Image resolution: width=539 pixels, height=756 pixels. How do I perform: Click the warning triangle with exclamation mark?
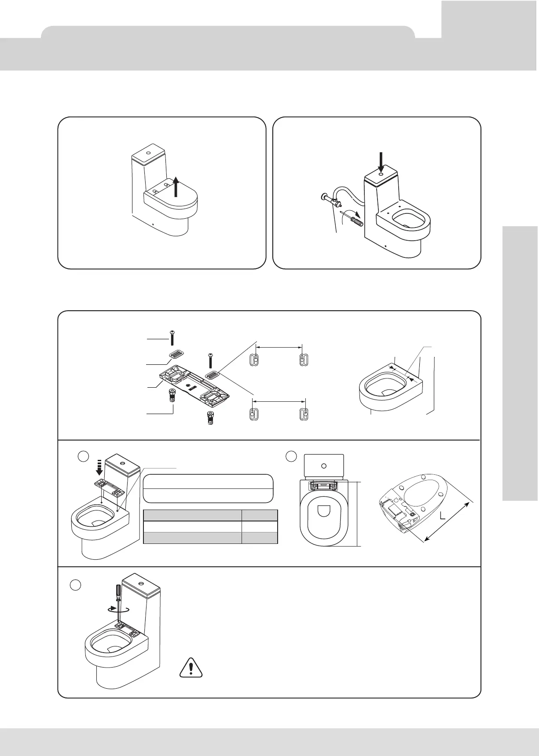(191, 668)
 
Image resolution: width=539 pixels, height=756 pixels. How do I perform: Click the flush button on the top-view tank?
(324, 465)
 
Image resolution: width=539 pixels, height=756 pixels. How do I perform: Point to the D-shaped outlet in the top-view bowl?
(323, 511)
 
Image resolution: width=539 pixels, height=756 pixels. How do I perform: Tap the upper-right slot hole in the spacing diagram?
(303, 359)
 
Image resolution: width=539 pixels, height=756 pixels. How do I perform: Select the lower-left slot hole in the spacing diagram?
(252, 415)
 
